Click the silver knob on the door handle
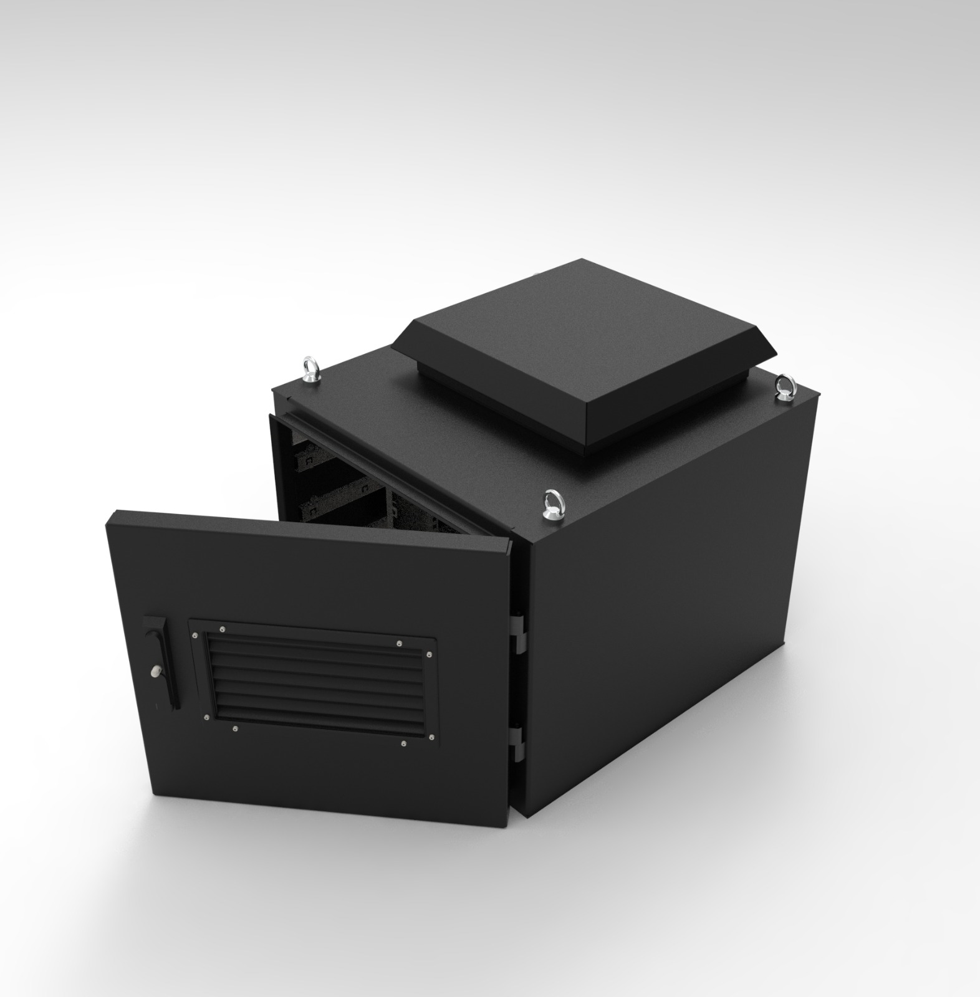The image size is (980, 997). click(x=155, y=671)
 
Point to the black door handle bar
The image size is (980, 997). click(x=167, y=667)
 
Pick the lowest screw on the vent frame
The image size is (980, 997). click(x=404, y=743)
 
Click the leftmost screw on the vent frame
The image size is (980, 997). click(x=196, y=635)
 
